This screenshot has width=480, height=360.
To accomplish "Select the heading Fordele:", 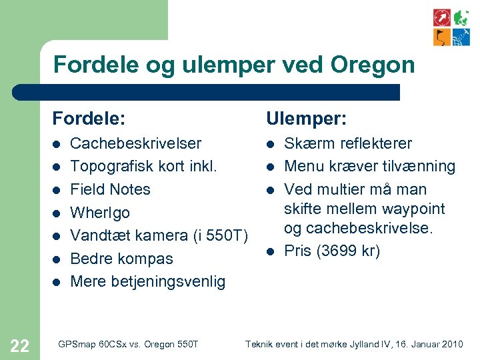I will click(x=89, y=119).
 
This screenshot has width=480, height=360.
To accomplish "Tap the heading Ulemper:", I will click(x=307, y=119).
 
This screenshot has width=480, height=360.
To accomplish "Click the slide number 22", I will click(x=20, y=345).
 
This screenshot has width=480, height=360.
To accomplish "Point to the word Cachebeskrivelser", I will click(x=136, y=143).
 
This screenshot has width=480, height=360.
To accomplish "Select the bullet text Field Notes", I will click(x=110, y=189).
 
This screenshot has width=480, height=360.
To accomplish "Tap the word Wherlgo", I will click(x=100, y=213).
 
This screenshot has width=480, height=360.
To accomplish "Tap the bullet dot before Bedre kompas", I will click(x=57, y=259).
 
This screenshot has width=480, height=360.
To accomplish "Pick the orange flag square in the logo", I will click(x=442, y=37).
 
